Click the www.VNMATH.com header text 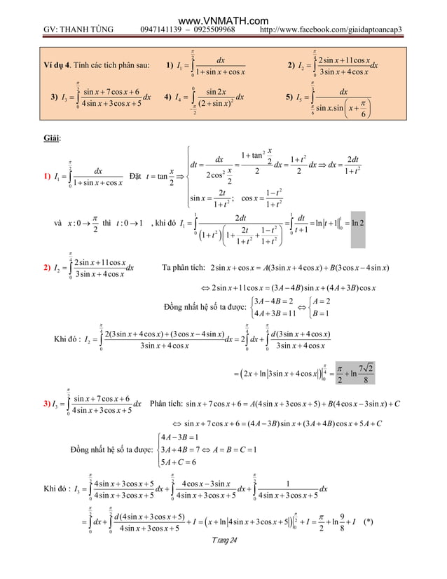point(224,6)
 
